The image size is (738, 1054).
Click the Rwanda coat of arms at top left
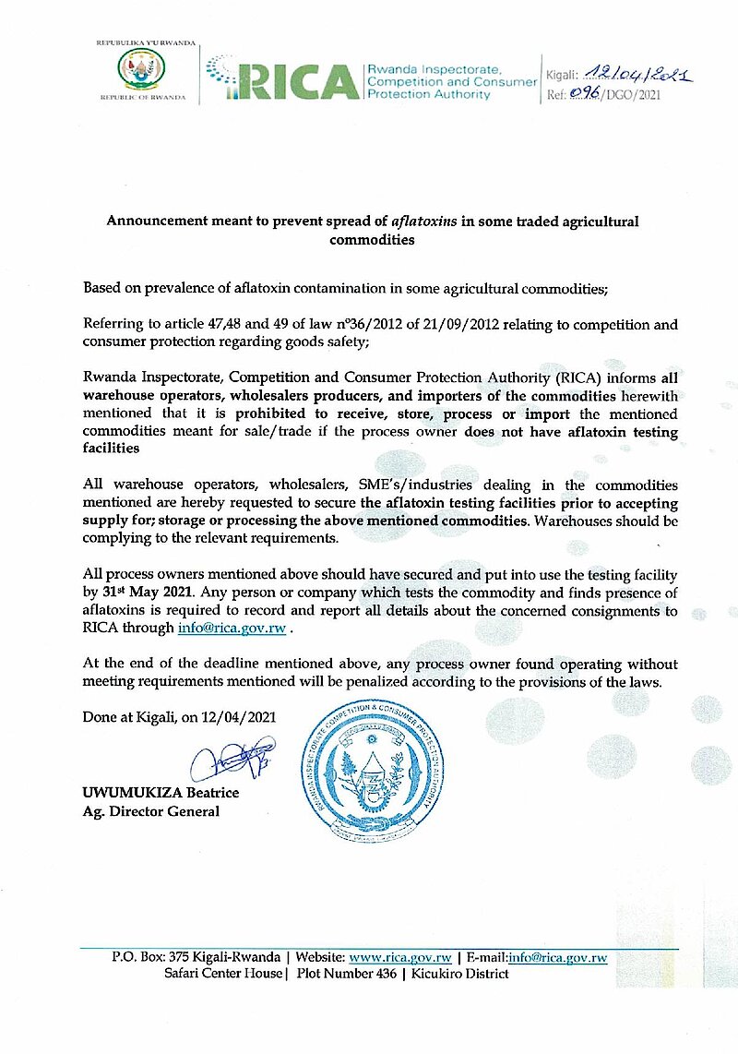point(142,70)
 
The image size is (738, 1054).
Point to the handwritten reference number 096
point(588,94)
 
